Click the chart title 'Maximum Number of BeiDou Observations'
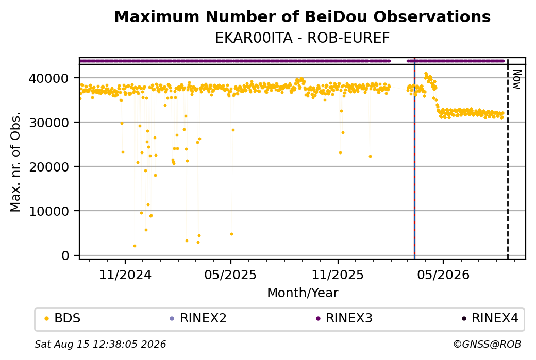(x=302, y=16)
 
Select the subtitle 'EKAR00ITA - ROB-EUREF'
(x=302, y=38)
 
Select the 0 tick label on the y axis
(x=65, y=255)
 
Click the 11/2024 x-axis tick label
(x=125, y=275)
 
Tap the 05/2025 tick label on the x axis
(x=230, y=275)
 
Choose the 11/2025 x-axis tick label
(x=338, y=275)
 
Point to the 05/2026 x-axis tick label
(x=443, y=275)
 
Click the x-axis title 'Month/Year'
(x=303, y=293)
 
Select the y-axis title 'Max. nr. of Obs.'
(x=15, y=162)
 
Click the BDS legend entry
(x=63, y=318)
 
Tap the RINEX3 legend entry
(x=344, y=318)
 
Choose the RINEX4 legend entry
(x=490, y=318)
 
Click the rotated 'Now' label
(x=517, y=79)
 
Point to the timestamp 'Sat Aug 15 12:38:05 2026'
(x=100, y=344)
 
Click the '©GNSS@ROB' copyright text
(x=487, y=344)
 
